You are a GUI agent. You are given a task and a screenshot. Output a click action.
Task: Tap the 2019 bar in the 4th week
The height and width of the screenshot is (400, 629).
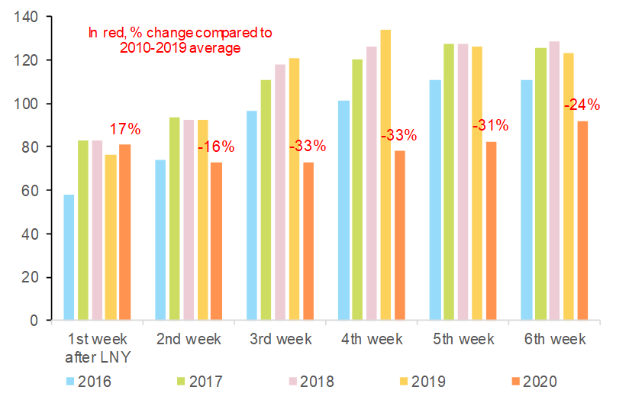385,176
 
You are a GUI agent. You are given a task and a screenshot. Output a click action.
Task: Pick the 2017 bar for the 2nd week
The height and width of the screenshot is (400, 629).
175,219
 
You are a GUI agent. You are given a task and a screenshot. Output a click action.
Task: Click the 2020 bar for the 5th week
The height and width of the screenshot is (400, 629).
491,231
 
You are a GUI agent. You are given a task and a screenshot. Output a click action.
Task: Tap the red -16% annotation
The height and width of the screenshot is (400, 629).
216,147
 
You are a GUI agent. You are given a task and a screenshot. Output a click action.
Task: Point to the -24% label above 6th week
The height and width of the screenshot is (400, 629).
582,105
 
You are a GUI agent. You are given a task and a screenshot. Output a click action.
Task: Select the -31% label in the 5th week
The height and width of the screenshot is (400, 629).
490,125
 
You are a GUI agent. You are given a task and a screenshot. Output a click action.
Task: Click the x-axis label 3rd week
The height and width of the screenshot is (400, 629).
280,339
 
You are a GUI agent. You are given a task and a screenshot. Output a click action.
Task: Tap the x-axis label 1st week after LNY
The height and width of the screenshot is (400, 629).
97,347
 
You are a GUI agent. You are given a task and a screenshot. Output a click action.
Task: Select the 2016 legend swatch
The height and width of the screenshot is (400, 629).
69,381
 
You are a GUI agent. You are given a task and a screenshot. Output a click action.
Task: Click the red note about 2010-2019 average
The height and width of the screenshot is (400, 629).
180,40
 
